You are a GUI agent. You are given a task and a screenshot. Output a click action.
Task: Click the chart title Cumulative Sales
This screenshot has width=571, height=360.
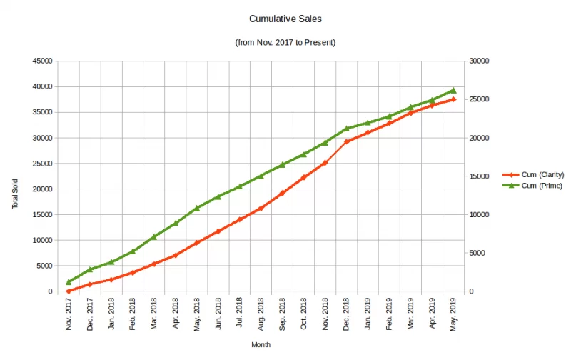pyautogui.click(x=285, y=19)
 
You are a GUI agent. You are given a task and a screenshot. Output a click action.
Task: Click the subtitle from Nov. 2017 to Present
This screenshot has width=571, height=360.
pyautogui.click(x=285, y=43)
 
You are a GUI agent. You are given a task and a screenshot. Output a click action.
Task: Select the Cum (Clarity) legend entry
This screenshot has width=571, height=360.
pyautogui.click(x=543, y=174)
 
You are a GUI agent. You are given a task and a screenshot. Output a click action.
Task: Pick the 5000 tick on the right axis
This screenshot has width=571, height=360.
pyautogui.click(x=477, y=253)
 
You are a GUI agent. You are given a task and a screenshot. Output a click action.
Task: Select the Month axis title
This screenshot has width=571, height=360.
pyautogui.click(x=261, y=344)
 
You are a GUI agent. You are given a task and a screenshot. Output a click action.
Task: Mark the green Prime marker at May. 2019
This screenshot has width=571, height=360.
pyautogui.click(x=453, y=91)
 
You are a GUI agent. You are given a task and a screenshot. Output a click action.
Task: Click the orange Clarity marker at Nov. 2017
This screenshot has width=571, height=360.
pyautogui.click(x=69, y=291)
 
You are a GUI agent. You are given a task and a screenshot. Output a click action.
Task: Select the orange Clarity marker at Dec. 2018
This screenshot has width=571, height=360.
pyautogui.click(x=347, y=141)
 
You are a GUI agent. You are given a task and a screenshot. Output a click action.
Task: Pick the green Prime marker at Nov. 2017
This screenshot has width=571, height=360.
pyautogui.click(x=69, y=282)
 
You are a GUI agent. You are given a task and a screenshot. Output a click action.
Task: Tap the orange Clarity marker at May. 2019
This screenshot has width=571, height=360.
pyautogui.click(x=453, y=99)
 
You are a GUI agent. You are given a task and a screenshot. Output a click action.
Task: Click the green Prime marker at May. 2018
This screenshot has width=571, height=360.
pyautogui.click(x=197, y=208)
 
